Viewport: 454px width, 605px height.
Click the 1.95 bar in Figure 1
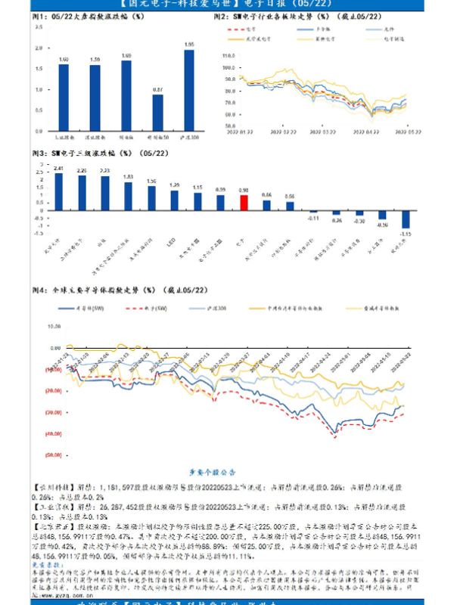[x=189, y=92]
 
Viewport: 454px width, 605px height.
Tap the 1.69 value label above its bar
[x=126, y=55]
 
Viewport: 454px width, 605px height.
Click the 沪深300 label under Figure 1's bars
[x=189, y=139]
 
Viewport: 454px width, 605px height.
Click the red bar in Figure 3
[x=244, y=202]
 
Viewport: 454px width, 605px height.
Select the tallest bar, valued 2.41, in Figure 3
[x=59, y=191]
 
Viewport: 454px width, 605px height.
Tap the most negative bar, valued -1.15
[x=406, y=218]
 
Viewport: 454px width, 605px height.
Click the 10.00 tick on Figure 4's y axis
[x=54, y=327]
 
